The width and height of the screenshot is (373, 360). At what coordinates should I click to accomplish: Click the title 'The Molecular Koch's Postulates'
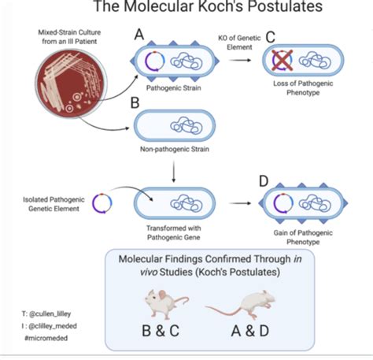pyautogui.click(x=208, y=8)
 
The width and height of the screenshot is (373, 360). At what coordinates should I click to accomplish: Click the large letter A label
pyautogui.click(x=139, y=35)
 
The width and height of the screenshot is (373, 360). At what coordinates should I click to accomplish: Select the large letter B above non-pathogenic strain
pyautogui.click(x=135, y=102)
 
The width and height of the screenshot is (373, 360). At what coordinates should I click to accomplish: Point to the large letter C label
pyautogui.click(x=270, y=35)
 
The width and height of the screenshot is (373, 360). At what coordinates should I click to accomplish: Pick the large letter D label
pyautogui.click(x=263, y=183)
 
